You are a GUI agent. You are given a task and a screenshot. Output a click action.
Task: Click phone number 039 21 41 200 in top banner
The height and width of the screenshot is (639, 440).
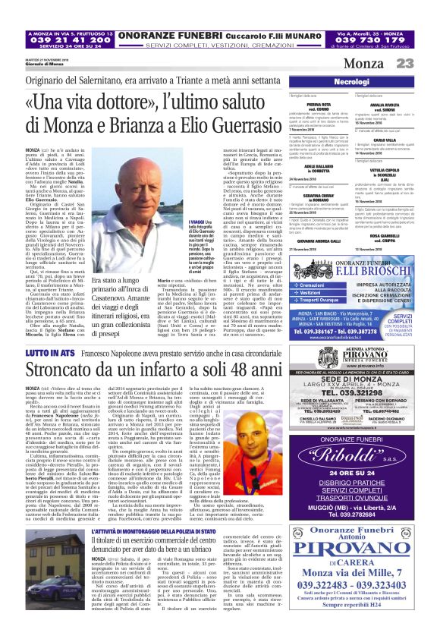tap(68, 39)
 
